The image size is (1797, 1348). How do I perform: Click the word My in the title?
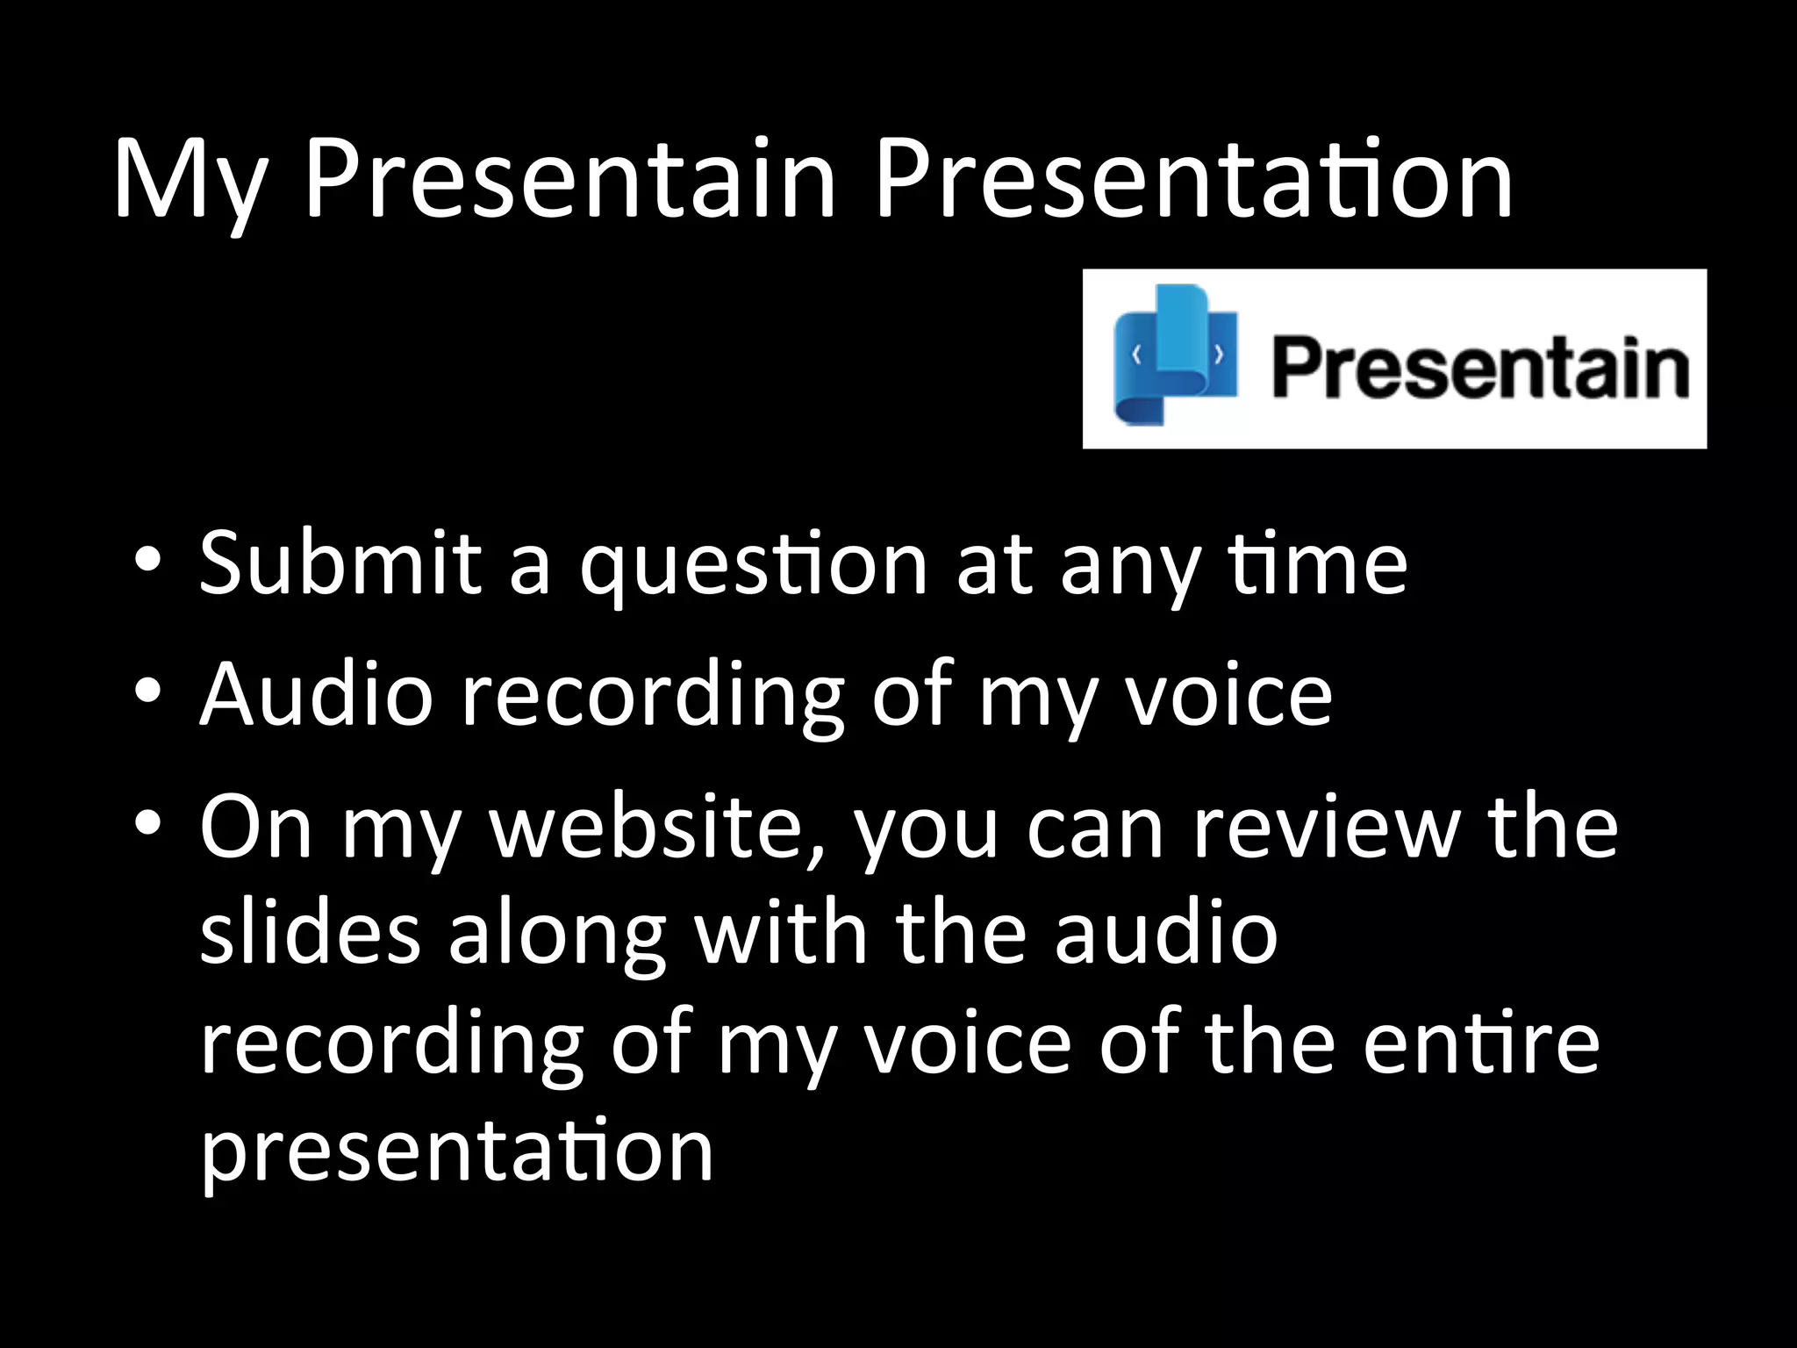[190, 180]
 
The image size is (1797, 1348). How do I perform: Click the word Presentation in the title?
[1193, 180]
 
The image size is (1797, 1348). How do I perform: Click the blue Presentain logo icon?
[1174, 355]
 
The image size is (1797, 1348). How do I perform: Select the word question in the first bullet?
[753, 569]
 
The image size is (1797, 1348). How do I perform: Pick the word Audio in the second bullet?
[316, 695]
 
